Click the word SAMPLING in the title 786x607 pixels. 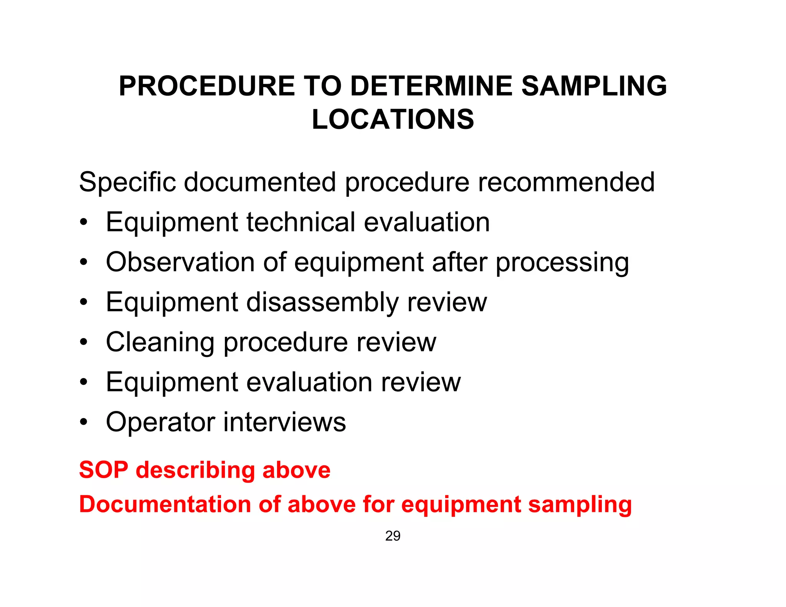(x=594, y=86)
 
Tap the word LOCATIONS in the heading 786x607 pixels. (x=393, y=119)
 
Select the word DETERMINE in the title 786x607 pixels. (x=431, y=86)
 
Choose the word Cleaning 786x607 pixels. (x=160, y=342)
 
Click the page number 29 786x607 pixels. (x=393, y=536)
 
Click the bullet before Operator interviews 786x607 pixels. (x=84, y=422)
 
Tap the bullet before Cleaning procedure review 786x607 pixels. (x=84, y=342)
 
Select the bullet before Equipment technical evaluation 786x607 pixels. (x=84, y=223)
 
